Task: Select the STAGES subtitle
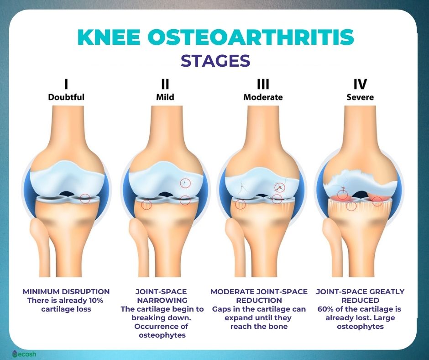click(x=215, y=61)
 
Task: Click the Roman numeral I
click(x=66, y=84)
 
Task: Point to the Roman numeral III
click(x=263, y=84)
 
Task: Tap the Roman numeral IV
click(x=360, y=84)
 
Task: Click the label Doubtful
click(x=66, y=97)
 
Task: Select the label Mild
click(x=165, y=97)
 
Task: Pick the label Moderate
click(x=263, y=97)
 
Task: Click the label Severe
click(x=360, y=97)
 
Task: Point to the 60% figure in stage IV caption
click(x=325, y=309)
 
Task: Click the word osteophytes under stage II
click(x=162, y=335)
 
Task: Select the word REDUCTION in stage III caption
click(x=259, y=300)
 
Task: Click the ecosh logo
click(x=24, y=354)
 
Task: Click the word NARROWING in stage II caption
click(x=162, y=300)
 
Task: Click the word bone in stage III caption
click(x=278, y=326)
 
